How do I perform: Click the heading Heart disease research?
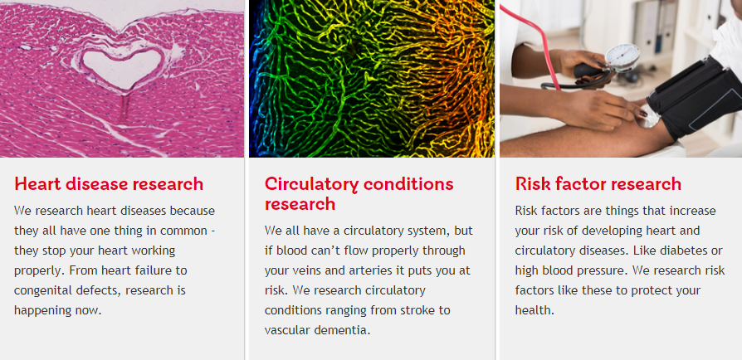(109, 183)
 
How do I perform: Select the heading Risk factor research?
(598, 183)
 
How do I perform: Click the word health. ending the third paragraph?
(535, 310)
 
